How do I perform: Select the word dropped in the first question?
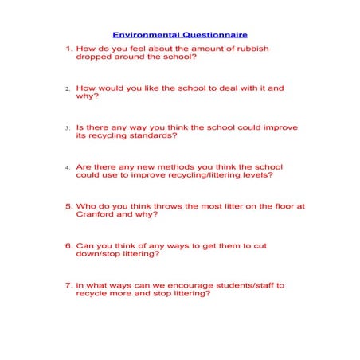click(x=92, y=57)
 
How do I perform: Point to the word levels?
click(x=260, y=174)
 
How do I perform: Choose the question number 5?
click(x=68, y=205)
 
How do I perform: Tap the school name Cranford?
click(x=95, y=214)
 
